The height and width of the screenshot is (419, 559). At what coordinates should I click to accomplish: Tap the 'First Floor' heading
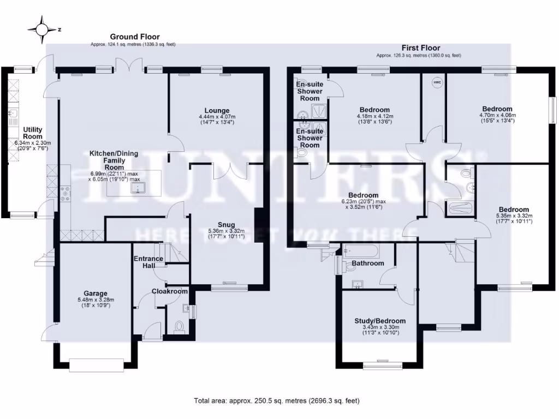pos(420,48)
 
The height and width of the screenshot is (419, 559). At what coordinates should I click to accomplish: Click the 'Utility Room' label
pos(32,133)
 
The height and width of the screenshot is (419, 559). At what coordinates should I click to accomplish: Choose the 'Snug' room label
pos(226,224)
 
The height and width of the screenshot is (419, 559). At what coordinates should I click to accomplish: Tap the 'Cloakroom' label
pos(169,291)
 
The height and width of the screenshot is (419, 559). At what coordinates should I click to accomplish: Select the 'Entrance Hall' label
pos(148,262)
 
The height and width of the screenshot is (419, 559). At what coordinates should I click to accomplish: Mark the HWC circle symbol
pos(437,83)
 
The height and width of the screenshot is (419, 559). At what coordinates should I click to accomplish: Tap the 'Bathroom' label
pos(368,263)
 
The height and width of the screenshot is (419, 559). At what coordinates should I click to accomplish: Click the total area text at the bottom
pos(277,400)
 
